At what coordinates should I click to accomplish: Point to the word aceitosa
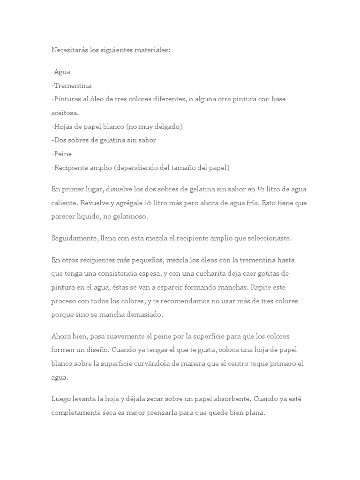[65, 113]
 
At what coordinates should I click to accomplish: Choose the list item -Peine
[61, 154]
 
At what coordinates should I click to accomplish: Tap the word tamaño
[187, 167]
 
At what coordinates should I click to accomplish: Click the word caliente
[65, 203]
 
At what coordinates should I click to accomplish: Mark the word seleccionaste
[269, 238]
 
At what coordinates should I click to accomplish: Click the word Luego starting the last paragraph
[61, 399]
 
